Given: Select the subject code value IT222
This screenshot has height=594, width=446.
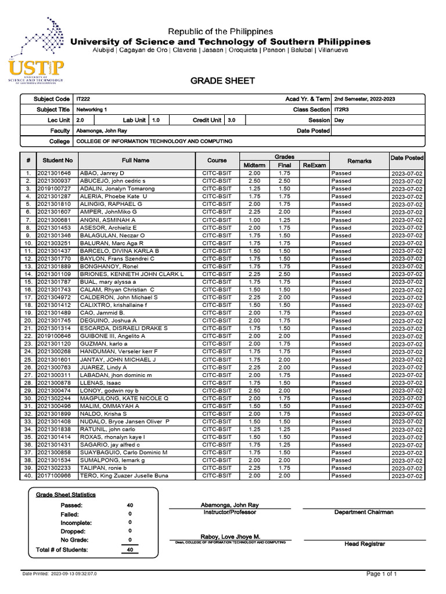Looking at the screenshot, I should pos(82,99).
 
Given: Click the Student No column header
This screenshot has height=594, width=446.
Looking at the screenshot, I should pos(57,160).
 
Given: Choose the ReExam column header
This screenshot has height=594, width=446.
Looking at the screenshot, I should pos(314,165).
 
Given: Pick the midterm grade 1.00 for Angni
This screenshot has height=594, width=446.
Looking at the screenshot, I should pos(254,220).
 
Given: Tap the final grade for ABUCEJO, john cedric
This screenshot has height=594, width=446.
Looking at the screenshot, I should pos(285,181).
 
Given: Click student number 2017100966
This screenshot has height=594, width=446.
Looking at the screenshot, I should pos(54,476).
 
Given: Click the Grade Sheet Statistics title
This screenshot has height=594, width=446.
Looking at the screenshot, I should pos(66,495).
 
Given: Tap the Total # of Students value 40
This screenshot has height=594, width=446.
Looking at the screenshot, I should pos(130,549).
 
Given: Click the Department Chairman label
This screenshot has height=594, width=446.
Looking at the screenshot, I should pos(364,512).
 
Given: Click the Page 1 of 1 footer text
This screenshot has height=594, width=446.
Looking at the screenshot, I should pos(382,574).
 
